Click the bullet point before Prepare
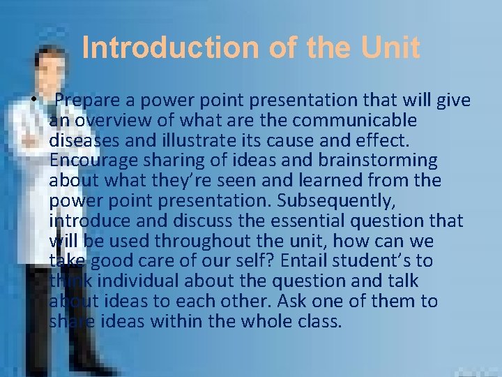pyautogui.click(x=34, y=101)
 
